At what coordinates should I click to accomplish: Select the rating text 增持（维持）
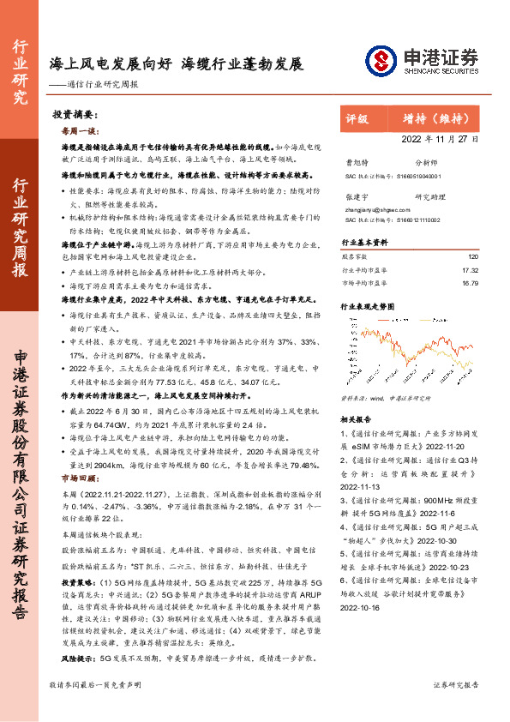(437, 119)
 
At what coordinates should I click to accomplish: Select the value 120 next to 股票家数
(472, 256)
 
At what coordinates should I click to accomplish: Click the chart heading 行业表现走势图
(369, 304)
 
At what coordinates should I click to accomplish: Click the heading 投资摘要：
(73, 114)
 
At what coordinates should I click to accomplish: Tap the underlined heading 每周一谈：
(80, 131)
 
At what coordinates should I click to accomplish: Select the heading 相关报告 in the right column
(355, 420)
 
